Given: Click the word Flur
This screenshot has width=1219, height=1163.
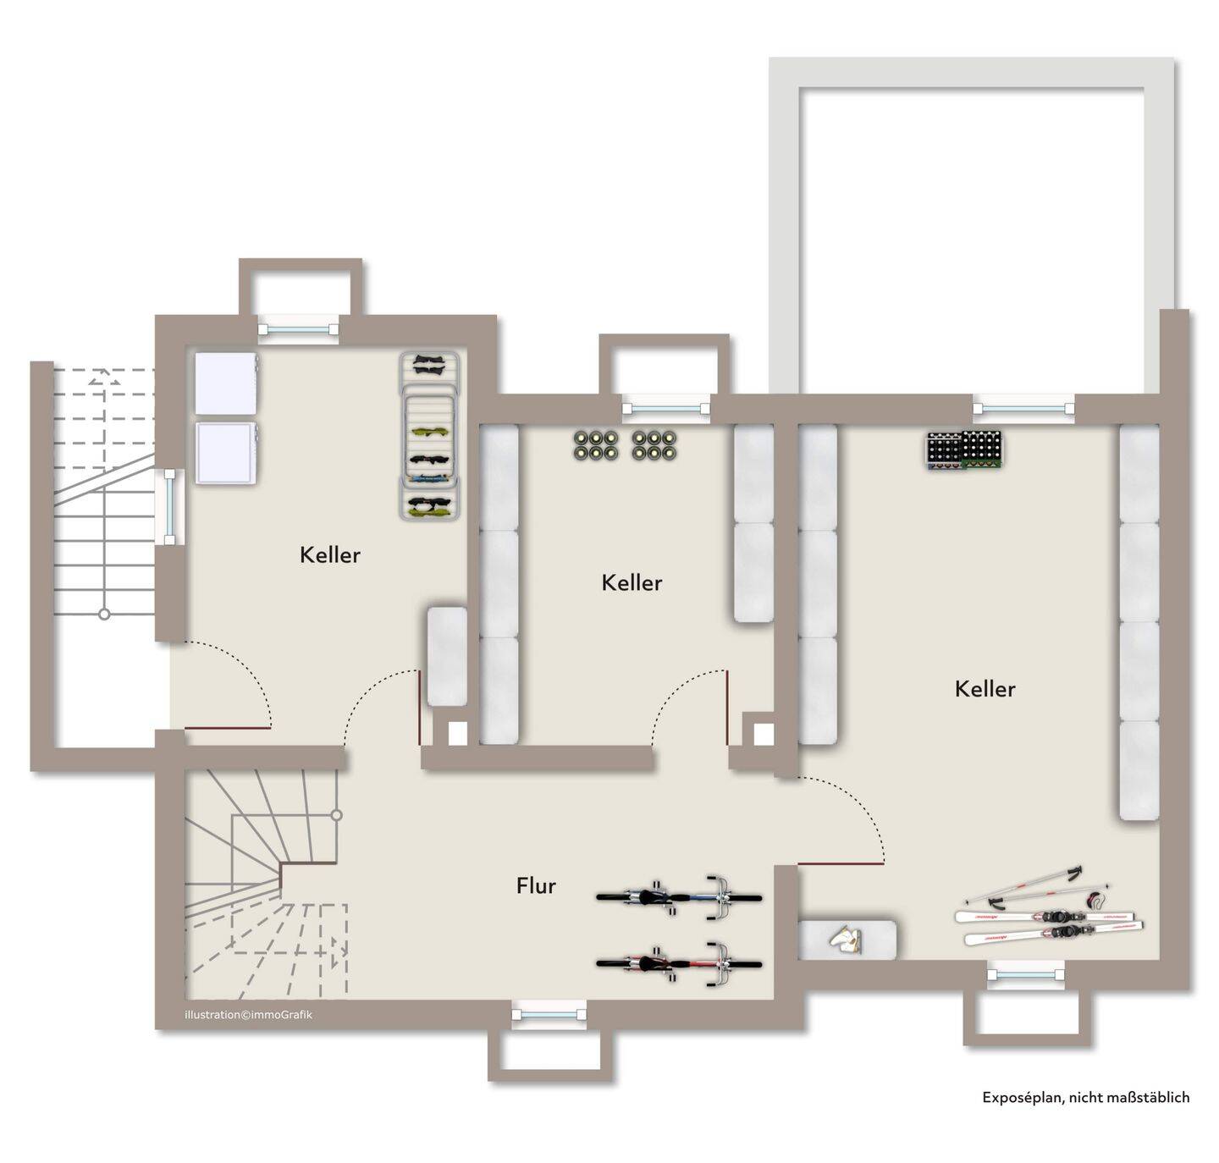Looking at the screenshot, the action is tap(536, 886).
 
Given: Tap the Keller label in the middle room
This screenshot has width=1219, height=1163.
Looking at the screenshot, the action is tap(632, 582).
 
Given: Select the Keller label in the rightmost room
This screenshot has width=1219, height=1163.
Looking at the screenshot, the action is tap(985, 689).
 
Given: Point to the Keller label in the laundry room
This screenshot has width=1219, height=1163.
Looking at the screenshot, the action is tap(329, 555).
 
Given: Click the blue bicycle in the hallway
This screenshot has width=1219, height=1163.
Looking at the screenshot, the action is tap(679, 897).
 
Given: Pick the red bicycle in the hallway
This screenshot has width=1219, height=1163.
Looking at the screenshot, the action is tap(679, 964).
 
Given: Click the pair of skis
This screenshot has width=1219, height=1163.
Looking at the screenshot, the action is tap(1049, 928).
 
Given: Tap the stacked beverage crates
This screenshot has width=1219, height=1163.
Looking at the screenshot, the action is tap(964, 450).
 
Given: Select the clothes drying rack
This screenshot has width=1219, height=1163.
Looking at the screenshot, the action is tap(431, 435).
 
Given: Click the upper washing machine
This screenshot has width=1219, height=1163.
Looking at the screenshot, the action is tap(226, 383).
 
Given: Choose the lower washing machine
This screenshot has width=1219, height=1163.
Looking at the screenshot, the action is tap(226, 453).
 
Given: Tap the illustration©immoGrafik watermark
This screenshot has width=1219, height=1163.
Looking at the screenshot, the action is tap(248, 1015).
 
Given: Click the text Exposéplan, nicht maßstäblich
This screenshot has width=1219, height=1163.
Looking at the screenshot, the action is tap(1086, 1097).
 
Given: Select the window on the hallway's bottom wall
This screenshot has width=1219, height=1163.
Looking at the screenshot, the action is tap(549, 1015).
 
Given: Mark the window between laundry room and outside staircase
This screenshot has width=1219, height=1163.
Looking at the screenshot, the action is tap(169, 506).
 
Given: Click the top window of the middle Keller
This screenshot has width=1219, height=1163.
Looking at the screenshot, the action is tap(666, 409).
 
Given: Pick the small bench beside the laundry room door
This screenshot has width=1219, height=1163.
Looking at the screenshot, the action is tap(446, 656).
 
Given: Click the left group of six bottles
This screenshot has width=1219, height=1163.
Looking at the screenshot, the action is tap(596, 445).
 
